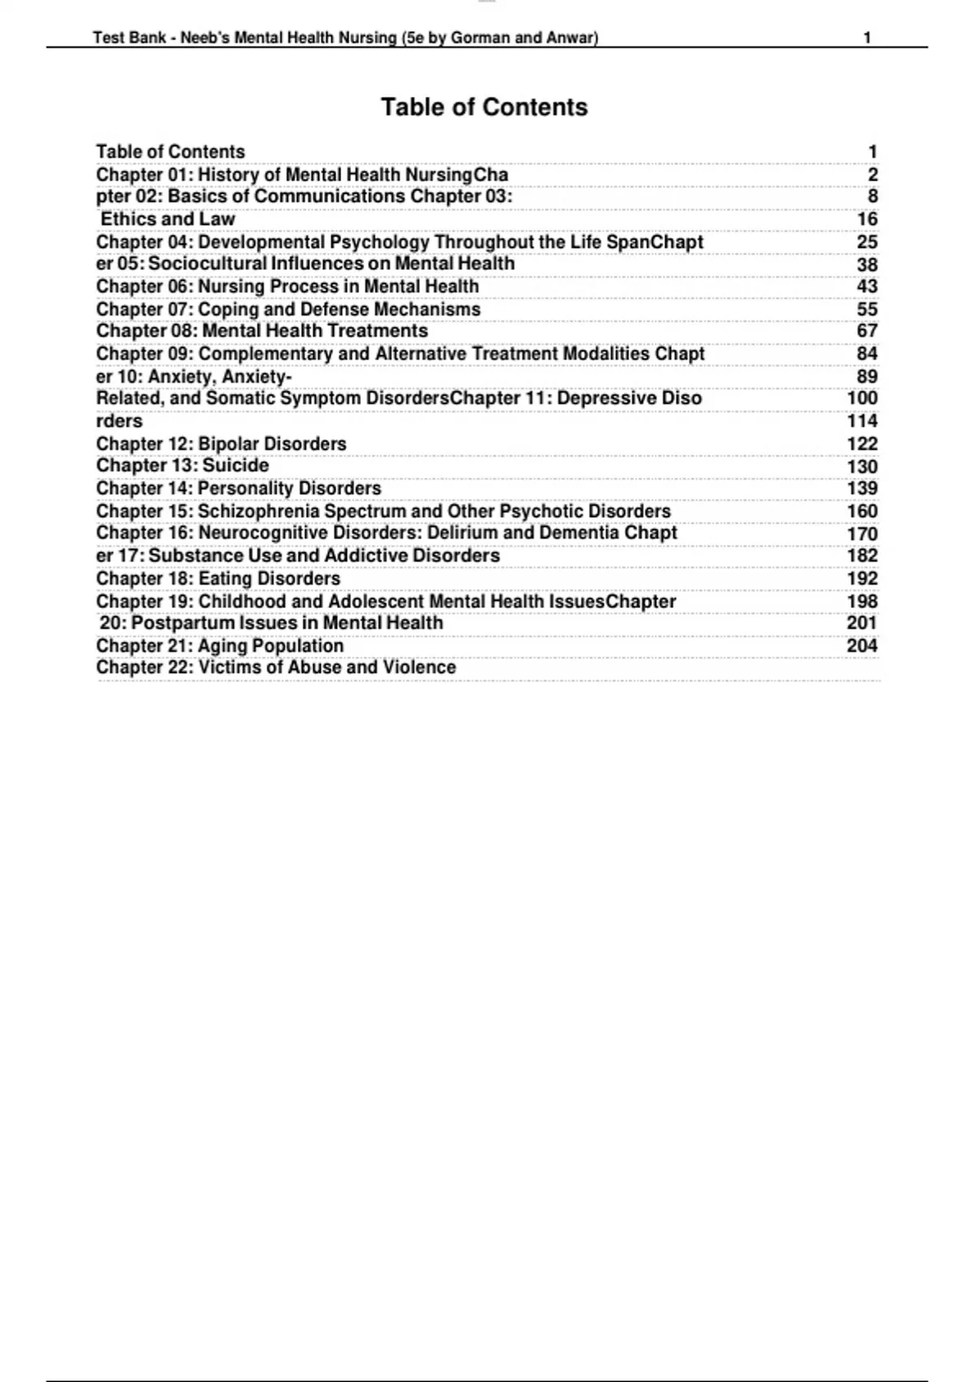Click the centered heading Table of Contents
click(x=484, y=107)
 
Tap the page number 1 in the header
click(x=867, y=37)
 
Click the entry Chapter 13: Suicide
click(x=182, y=466)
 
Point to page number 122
click(x=862, y=444)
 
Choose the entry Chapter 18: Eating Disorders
click(x=218, y=579)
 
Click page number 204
click(x=862, y=645)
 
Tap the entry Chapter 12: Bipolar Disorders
click(x=221, y=444)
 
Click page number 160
click(x=862, y=511)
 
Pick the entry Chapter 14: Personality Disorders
click(x=238, y=489)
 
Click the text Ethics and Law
click(x=167, y=219)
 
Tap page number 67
click(x=867, y=331)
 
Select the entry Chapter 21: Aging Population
click(x=219, y=645)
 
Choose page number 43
click(x=867, y=286)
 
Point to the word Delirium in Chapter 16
click(x=462, y=533)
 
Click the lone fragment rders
click(x=119, y=421)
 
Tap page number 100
click(x=862, y=398)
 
